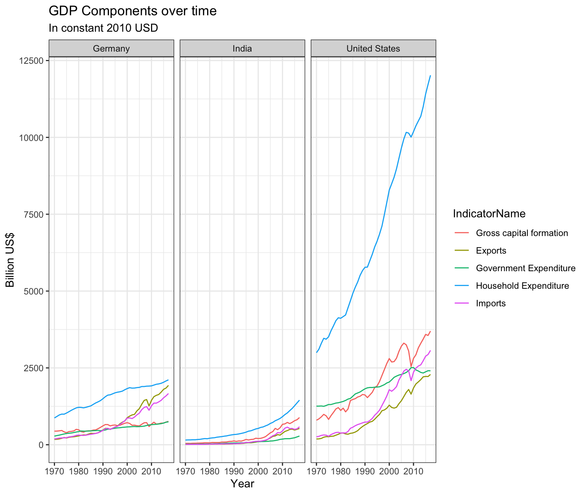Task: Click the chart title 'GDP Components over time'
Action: (x=133, y=11)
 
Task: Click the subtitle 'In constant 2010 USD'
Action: (x=103, y=28)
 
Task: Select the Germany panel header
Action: (x=111, y=49)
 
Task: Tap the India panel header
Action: (x=242, y=49)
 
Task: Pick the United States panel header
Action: (x=373, y=49)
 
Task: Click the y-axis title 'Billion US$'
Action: (x=10, y=260)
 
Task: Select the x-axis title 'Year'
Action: (x=242, y=484)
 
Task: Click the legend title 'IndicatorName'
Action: (x=489, y=214)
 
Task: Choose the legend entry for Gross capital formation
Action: (x=522, y=233)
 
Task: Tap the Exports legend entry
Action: (x=491, y=251)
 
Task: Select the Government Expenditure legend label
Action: (x=525, y=268)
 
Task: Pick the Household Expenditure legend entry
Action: (x=522, y=286)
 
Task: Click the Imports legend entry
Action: (x=491, y=303)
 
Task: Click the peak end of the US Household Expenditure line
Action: (x=430, y=76)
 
